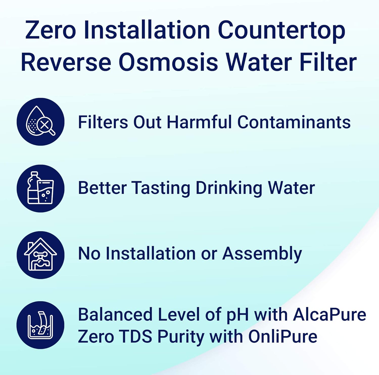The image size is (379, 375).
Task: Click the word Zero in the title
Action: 50,30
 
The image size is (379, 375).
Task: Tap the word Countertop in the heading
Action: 281,30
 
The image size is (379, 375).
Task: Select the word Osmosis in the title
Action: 168,62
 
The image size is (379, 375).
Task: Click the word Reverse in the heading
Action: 66,62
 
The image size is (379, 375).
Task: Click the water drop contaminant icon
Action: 40,122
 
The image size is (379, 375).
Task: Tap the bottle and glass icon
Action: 40,188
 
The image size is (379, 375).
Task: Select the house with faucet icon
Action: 40,255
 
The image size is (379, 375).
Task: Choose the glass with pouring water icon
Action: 40,325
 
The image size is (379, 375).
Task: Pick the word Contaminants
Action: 294,122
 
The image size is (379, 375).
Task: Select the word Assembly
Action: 262,254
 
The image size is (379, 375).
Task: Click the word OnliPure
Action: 283,337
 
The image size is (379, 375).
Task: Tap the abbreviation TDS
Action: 135,337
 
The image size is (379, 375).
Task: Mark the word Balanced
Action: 115,315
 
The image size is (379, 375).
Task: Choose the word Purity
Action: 180,337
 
